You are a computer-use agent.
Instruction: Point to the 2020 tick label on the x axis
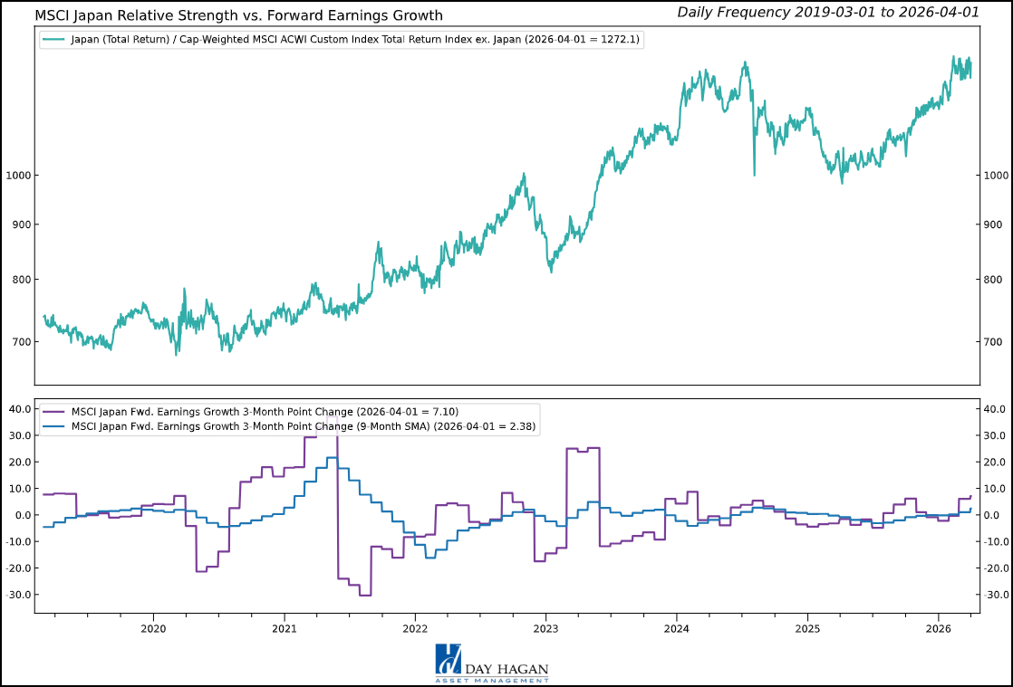tap(153, 627)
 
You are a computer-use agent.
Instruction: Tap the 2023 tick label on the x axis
tap(545, 627)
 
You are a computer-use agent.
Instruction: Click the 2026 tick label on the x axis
tap(939, 627)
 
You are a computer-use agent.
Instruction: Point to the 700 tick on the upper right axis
tap(994, 341)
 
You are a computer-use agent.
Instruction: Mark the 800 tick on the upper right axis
tap(994, 280)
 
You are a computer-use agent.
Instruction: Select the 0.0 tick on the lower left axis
tap(23, 515)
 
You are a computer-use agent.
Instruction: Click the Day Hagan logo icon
tap(449, 659)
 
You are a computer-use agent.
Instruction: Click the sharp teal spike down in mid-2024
tap(754, 174)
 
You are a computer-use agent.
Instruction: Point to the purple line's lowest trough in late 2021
tap(364, 595)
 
